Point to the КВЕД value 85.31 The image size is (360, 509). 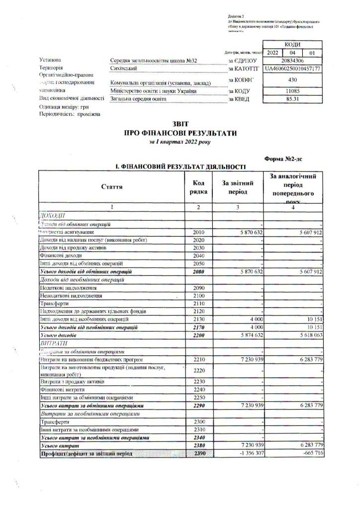(292, 99)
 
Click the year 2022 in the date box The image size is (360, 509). (272, 52)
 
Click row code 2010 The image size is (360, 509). (198, 232)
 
